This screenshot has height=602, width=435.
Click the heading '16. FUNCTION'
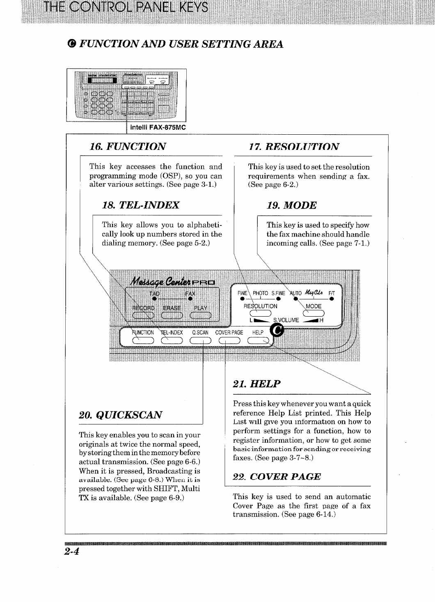[128, 147]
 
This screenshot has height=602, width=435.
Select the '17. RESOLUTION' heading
[294, 147]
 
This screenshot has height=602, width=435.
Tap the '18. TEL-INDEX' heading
[140, 205]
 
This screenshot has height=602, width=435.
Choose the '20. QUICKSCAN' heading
[120, 415]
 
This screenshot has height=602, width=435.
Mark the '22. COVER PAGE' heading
[277, 477]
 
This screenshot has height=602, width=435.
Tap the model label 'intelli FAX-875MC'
[158, 127]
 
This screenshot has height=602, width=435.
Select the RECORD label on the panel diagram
[143, 308]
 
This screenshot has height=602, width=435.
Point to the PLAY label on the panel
[201, 308]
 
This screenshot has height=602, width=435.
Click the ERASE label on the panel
[172, 308]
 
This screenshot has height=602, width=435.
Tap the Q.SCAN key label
[200, 333]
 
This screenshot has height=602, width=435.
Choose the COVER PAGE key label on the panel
[229, 333]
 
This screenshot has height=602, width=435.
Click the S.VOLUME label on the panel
[286, 320]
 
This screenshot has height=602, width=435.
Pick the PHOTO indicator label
[260, 293]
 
